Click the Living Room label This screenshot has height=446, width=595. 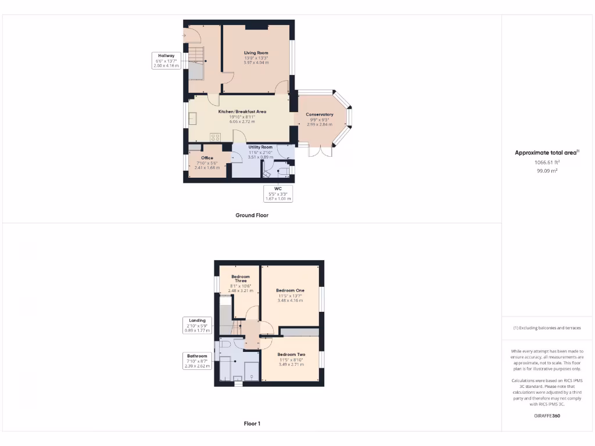click(256, 53)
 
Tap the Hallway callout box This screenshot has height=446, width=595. click(166, 60)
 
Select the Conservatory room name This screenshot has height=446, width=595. click(320, 114)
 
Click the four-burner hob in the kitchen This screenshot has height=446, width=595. click(215, 137)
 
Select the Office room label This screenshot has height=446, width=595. click(207, 158)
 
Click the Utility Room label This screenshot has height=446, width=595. click(260, 148)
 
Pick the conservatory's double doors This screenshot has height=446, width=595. click(321, 151)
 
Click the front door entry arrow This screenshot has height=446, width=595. click(184, 35)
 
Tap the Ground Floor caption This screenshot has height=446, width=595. click(252, 215)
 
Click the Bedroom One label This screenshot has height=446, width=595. click(290, 290)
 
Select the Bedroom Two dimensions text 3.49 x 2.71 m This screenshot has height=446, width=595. click(291, 364)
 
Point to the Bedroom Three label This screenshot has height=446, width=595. click(241, 278)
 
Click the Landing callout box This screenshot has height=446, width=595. click(197, 325)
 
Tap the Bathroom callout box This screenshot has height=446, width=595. click(197, 361)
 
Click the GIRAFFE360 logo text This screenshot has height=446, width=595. click(547, 416)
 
